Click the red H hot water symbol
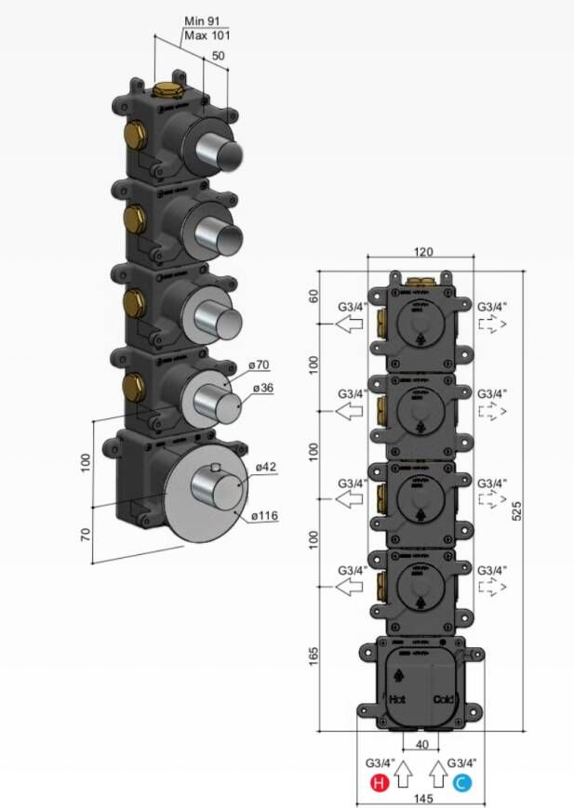coord(379,783)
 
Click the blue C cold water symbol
coord(461,783)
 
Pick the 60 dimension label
coord(314,297)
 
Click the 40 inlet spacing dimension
coord(421,744)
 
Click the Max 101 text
coord(207,35)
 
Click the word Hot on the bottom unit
coord(397,698)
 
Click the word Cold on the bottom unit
coord(443,698)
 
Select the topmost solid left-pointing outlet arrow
coord(350,324)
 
